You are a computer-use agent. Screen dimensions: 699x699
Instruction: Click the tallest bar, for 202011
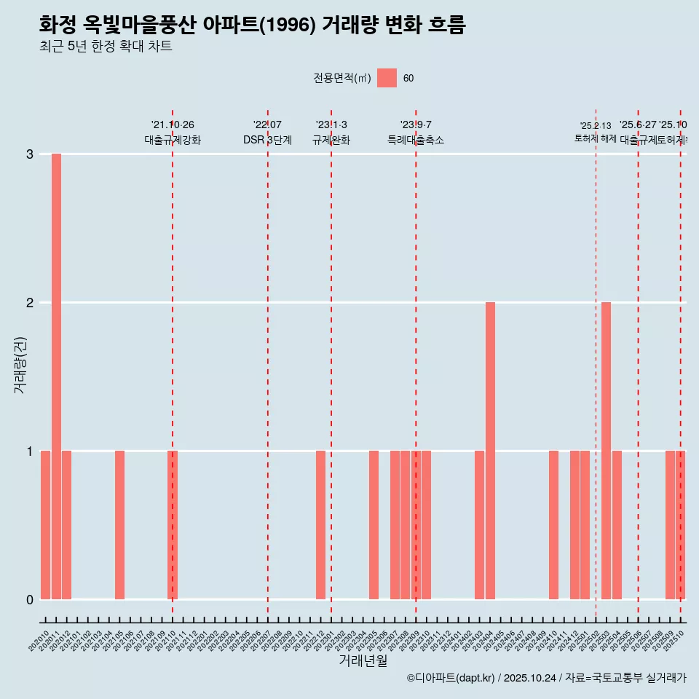tap(56, 376)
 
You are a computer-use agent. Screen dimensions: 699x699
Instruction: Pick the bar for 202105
tap(119, 524)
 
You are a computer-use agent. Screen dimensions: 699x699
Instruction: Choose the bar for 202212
tap(320, 524)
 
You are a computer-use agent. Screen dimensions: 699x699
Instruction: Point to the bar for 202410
tap(553, 524)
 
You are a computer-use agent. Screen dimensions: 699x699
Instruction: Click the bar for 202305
tap(374, 524)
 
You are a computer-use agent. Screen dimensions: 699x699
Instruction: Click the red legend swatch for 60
tap(387, 78)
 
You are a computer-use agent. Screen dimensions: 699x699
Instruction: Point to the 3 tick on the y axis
tap(30, 154)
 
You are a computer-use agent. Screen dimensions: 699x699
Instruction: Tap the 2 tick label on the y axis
tap(30, 303)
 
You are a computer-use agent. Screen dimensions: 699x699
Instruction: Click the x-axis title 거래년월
tap(363, 660)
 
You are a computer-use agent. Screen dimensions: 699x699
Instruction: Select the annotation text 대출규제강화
tap(173, 140)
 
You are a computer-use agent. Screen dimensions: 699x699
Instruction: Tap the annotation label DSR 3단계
tap(267, 140)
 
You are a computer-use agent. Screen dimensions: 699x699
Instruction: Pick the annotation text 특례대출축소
tap(416, 140)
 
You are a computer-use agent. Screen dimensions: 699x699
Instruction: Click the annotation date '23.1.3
tap(331, 125)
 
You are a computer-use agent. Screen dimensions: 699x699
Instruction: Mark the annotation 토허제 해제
tap(596, 138)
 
